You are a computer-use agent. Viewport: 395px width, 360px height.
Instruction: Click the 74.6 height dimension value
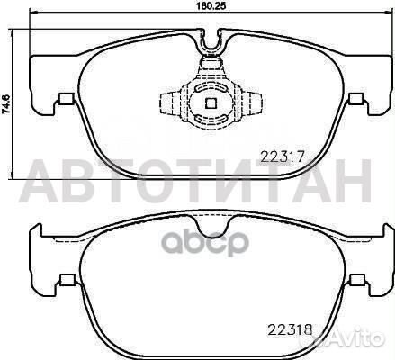6,103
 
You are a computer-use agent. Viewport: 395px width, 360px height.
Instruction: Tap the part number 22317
283,157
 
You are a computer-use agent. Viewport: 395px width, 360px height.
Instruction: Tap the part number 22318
290,330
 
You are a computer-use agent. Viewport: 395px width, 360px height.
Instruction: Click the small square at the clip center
211,103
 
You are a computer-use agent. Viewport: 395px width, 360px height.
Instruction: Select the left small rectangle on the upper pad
67,98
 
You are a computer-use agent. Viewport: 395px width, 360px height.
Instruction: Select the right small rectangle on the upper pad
356,98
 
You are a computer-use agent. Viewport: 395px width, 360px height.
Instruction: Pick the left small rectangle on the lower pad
67,280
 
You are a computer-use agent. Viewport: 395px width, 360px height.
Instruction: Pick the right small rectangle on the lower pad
357,280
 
